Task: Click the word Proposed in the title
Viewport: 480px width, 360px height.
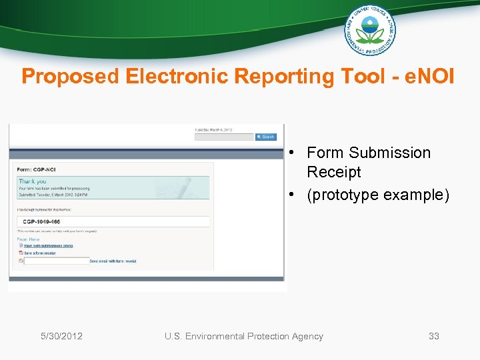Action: tap(69, 77)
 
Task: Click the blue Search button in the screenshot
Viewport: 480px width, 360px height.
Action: tap(266, 137)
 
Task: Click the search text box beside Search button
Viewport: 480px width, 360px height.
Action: tap(224, 137)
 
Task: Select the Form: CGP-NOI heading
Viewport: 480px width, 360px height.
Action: tap(37, 169)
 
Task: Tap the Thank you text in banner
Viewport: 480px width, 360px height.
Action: tap(32, 181)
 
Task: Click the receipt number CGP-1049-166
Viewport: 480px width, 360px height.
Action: tap(41, 221)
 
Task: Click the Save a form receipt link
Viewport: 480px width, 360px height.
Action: tap(41, 253)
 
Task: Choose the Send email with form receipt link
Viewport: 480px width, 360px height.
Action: tap(113, 261)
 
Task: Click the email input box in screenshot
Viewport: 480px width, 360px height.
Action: tap(56, 261)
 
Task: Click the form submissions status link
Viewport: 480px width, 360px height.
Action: tap(48, 246)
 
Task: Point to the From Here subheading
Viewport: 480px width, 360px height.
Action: tap(29, 239)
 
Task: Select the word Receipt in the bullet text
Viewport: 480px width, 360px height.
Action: tap(333, 172)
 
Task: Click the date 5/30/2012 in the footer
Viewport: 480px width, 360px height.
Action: tap(61, 336)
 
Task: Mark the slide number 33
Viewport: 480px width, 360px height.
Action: tap(433, 336)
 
